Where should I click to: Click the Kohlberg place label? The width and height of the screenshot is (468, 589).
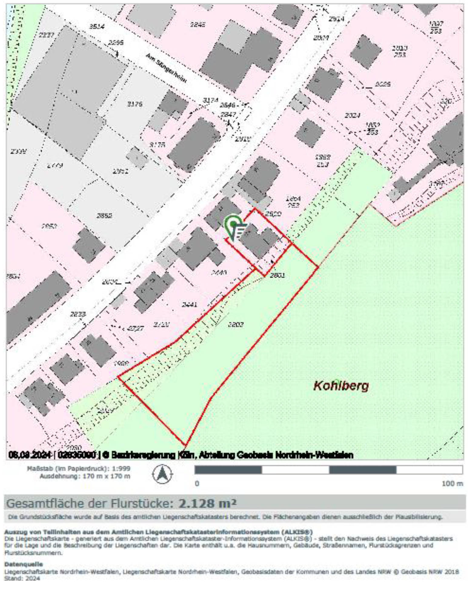(x=341, y=386)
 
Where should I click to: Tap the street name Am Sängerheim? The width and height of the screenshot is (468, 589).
(x=166, y=68)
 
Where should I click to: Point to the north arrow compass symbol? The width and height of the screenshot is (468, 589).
(x=162, y=473)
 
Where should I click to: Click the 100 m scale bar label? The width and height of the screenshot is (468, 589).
(x=452, y=484)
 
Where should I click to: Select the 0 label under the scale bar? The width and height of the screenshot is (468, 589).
(x=197, y=483)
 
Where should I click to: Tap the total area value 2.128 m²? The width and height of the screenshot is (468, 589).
(x=207, y=503)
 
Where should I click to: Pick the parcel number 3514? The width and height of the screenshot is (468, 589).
(x=97, y=27)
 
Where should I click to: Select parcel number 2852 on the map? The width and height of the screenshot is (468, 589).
(x=104, y=215)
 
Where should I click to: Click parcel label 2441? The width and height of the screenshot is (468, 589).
(x=189, y=304)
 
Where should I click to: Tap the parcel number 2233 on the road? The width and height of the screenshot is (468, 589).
(x=78, y=314)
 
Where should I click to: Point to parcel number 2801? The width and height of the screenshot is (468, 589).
(x=277, y=275)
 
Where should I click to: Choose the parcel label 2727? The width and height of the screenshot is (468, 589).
(x=135, y=328)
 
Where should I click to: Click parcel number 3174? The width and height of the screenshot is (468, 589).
(x=210, y=100)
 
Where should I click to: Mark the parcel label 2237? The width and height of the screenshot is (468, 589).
(x=46, y=35)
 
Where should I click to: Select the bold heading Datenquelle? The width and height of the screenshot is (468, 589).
(x=24, y=564)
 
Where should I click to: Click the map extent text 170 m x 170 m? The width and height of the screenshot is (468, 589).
(x=106, y=476)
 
